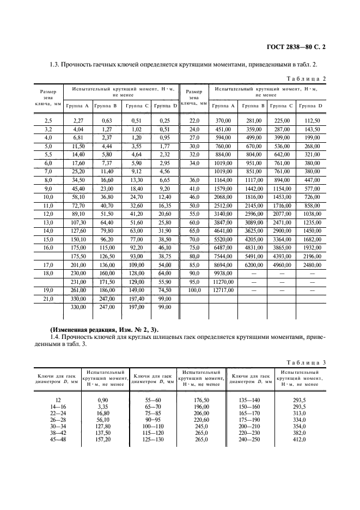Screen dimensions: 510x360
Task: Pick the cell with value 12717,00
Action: click(x=223, y=290)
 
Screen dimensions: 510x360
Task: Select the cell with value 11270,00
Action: click(x=223, y=282)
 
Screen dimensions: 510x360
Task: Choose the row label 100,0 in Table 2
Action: click(x=194, y=290)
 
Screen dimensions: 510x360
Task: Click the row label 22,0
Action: click(x=194, y=120)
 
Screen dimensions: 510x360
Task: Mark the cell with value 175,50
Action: click(x=78, y=256)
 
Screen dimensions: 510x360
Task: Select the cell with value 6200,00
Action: click(x=253, y=264)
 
